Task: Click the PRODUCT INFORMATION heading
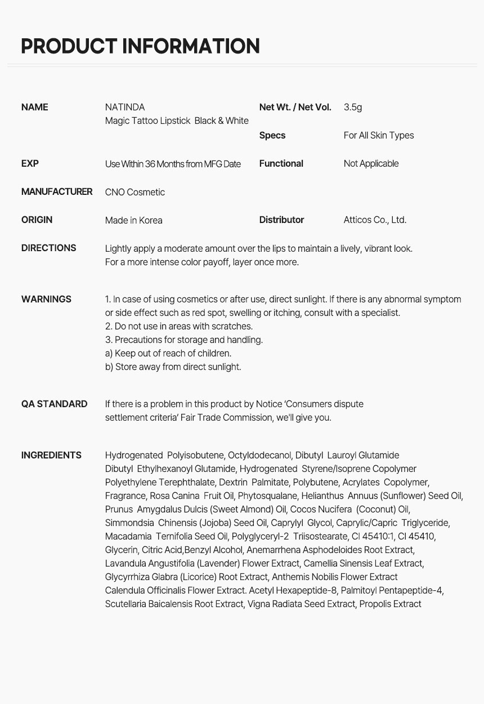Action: pos(140,46)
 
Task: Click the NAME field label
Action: pos(35,107)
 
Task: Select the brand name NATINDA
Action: pos(125,107)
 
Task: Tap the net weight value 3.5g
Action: pos(353,107)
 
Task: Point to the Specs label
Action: pos(272,135)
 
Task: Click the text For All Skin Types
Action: pos(379,135)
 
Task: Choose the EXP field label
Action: pos(30,163)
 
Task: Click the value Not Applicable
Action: pos(371,163)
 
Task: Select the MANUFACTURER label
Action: pos(57,191)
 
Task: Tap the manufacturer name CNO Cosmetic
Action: pos(135,192)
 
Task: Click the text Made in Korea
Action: pos(133,220)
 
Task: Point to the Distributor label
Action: pos(281,220)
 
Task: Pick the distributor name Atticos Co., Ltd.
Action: pos(375,220)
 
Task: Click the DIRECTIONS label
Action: pos(49,248)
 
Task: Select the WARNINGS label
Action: pos(46,299)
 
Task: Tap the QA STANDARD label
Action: pos(54,404)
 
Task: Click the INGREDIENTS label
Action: pos(51,455)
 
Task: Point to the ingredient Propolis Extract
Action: pos(390,604)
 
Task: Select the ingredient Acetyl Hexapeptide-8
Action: pos(293,590)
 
